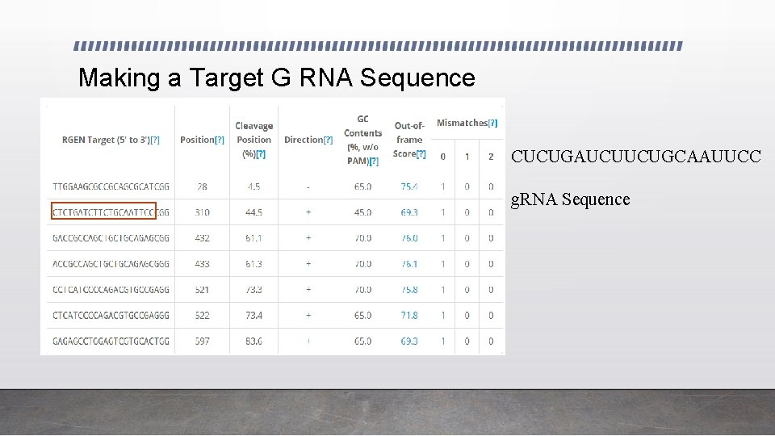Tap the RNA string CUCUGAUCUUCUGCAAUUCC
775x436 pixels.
(x=635, y=157)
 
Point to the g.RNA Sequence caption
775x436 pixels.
(x=571, y=199)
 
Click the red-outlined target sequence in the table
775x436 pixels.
(x=103, y=212)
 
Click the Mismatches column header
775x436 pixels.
(x=467, y=124)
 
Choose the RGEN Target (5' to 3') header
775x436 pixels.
(x=111, y=140)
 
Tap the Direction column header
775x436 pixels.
(x=308, y=140)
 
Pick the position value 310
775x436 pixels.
(x=202, y=212)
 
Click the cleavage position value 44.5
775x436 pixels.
(x=254, y=212)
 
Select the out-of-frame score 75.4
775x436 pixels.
(x=409, y=187)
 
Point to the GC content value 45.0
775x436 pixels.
(x=362, y=212)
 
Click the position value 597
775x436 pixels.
(x=202, y=342)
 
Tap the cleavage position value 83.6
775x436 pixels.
(x=254, y=342)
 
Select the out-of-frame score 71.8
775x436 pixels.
(x=409, y=316)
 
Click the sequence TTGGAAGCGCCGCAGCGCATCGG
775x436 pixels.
(x=111, y=187)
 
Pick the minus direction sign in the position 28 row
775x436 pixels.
(x=308, y=187)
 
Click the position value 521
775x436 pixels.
(x=202, y=290)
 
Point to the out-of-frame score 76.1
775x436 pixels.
(x=409, y=264)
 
